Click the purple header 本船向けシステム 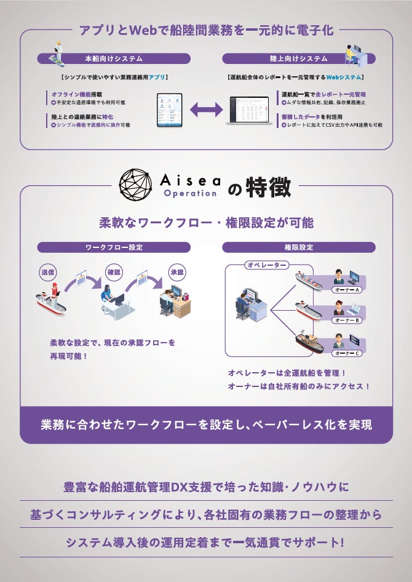click(x=114, y=58)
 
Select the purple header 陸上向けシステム click(x=298, y=58)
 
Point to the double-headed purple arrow click(x=206, y=110)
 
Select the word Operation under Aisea click(x=190, y=193)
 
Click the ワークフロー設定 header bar click(x=114, y=247)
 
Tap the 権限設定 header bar click(x=298, y=247)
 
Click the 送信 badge click(x=47, y=272)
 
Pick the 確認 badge click(x=114, y=272)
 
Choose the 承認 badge click(x=177, y=272)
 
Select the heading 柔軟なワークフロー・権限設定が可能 click(x=206, y=222)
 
